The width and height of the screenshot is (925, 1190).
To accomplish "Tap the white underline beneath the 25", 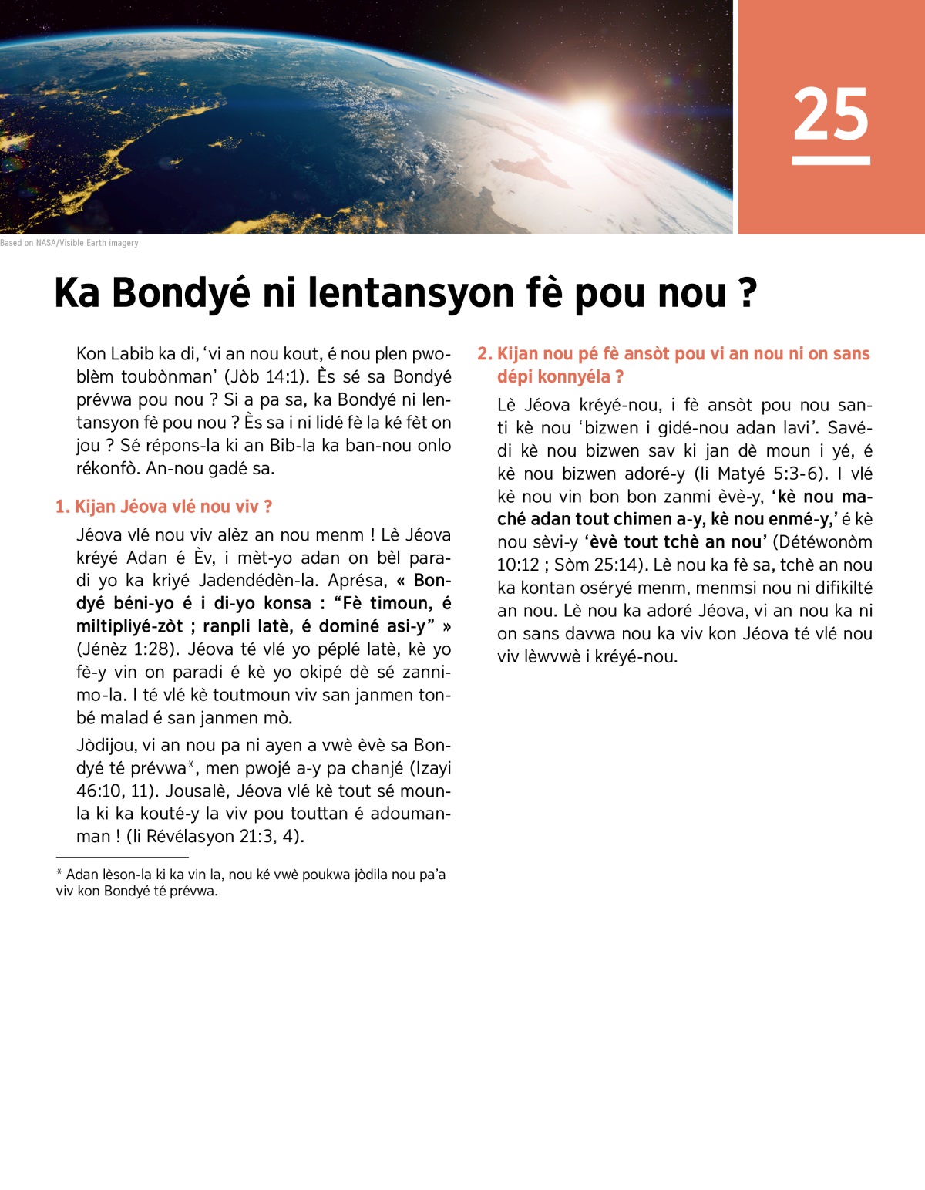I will click(x=831, y=160).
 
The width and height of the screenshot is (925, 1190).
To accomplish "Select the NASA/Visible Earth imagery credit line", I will click(x=69, y=243).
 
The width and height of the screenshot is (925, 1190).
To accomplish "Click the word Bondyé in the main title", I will click(x=181, y=294).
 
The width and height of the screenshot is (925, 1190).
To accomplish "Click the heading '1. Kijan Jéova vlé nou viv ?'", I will click(x=163, y=507).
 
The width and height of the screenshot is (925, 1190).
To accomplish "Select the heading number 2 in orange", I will click(x=483, y=354).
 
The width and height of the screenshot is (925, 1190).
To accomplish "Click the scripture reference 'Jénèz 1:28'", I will click(x=129, y=649).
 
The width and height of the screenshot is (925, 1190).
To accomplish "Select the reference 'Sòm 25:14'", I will click(x=594, y=565).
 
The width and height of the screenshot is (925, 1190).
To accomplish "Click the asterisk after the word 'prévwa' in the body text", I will click(x=191, y=767).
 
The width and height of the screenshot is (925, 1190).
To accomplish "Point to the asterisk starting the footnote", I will click(x=59, y=874).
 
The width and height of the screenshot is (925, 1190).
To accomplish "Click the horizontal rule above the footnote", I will click(x=122, y=857).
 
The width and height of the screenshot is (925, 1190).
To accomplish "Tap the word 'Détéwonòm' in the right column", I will click(x=826, y=542).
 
